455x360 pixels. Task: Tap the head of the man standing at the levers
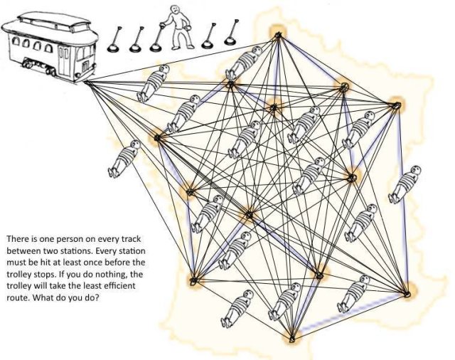point(174,11)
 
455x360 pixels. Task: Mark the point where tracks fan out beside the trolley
point(87,83)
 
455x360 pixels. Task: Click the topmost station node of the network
point(277,33)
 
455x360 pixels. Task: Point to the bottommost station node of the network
point(291,339)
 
